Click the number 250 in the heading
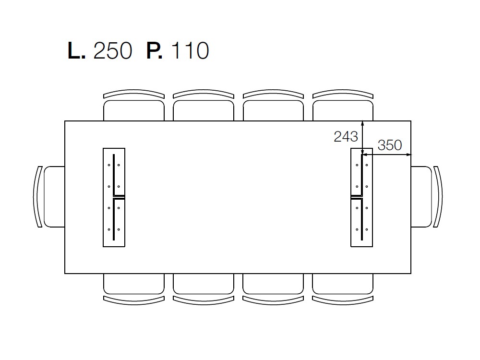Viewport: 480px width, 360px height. pos(112,51)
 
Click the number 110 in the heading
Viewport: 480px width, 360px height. pos(190,51)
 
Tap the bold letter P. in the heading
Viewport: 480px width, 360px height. pos(154,51)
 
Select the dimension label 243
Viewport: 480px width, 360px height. pos(346,137)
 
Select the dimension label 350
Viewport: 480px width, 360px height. pos(389,145)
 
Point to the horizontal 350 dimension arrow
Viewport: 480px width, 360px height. pos(386,155)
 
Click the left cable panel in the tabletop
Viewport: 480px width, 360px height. pos(114,197)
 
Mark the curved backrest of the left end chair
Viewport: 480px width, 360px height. pos(36,197)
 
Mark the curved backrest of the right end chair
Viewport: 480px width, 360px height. pos(439,197)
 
